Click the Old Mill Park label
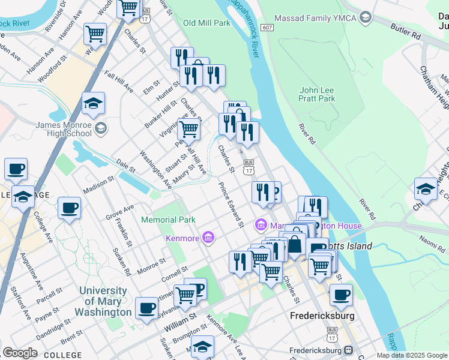[x=206, y=23]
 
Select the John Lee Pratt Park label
[x=316, y=94]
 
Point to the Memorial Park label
[x=169, y=220]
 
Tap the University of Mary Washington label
[x=103, y=301]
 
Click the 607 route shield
[x=268, y=28]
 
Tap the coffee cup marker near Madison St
[x=69, y=208]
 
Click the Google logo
[x=20, y=353]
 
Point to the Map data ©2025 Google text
[x=412, y=355]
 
